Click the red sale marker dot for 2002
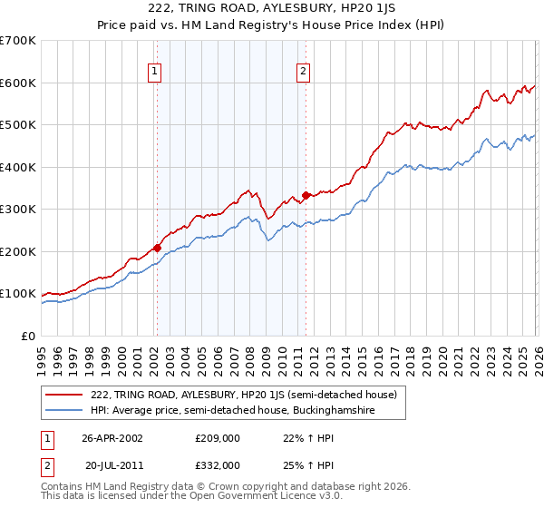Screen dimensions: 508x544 point(157,247)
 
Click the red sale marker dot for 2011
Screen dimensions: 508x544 point(306,194)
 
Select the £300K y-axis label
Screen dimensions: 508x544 point(18,210)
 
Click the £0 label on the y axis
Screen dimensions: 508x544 point(27,336)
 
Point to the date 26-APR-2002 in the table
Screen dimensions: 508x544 point(112,438)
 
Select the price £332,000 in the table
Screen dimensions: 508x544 point(217,464)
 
